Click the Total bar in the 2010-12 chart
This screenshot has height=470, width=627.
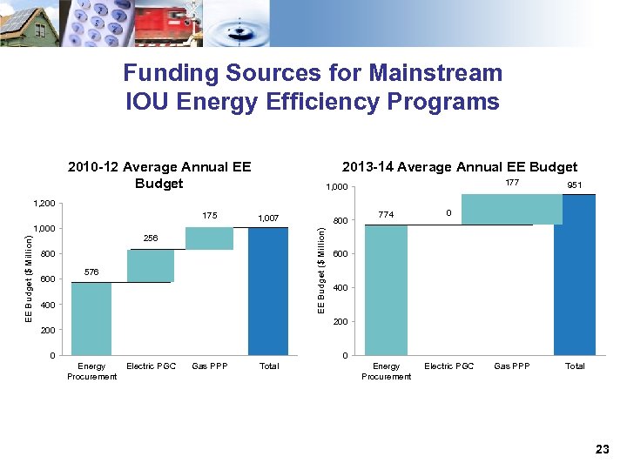(x=267, y=292)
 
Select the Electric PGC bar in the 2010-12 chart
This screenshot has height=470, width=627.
(x=151, y=265)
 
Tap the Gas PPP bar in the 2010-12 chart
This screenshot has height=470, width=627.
(x=209, y=238)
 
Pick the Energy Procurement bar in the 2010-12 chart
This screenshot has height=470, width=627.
(x=91, y=319)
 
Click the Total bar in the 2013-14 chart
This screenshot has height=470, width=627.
(x=575, y=275)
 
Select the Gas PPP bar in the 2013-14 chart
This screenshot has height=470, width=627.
(x=512, y=209)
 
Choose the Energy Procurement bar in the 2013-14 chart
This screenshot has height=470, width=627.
(x=387, y=289)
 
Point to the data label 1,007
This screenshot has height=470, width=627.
(x=267, y=217)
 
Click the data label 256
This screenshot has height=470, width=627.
(x=152, y=238)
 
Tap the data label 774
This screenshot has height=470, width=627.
(x=386, y=214)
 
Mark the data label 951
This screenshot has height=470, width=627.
(x=575, y=185)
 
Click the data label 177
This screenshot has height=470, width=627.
(x=512, y=183)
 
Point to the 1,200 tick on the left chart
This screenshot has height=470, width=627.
(x=44, y=204)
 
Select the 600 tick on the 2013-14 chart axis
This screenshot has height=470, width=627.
(x=339, y=254)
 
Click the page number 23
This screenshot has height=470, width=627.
(x=603, y=449)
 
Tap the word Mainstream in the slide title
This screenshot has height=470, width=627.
(x=434, y=72)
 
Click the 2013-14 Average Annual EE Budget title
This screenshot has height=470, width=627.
(x=460, y=166)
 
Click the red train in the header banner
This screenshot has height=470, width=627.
(x=174, y=24)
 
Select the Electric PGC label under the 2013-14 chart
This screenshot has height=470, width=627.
(x=449, y=366)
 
